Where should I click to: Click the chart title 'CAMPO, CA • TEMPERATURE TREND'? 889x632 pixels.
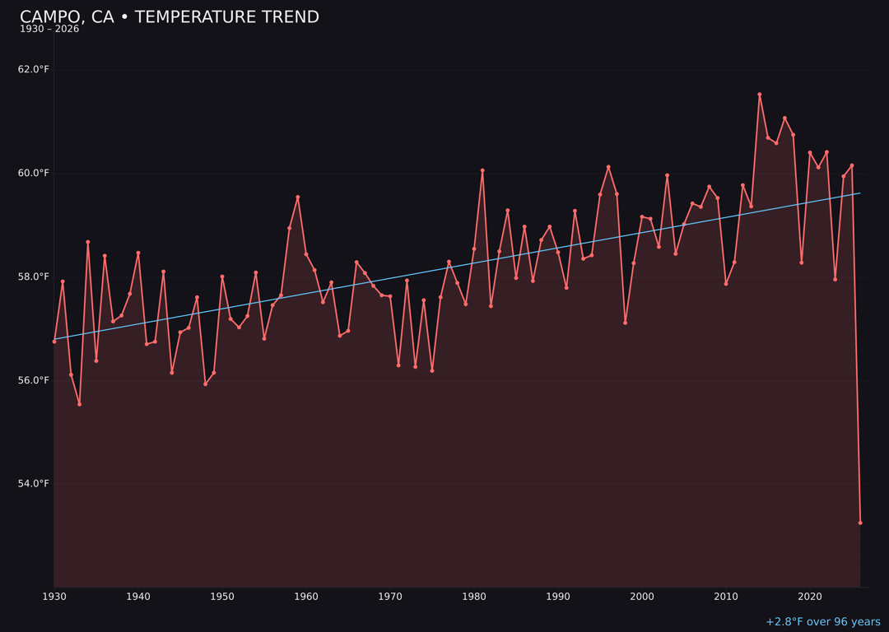point(169,17)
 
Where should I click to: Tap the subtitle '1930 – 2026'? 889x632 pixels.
point(49,30)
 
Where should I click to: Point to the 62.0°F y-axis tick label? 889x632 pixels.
point(34,69)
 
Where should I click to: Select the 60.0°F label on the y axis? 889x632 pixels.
point(34,173)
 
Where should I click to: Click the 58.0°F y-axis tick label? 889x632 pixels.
point(34,276)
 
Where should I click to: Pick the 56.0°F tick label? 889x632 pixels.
point(34,380)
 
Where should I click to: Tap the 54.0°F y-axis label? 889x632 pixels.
point(34,484)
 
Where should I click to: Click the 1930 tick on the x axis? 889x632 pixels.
point(54,597)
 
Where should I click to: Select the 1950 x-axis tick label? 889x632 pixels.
point(222,597)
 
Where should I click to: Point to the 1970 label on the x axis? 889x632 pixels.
point(390,597)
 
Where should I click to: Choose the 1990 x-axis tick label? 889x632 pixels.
point(558,597)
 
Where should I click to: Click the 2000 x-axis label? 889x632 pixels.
point(642,597)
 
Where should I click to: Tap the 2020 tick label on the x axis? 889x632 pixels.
point(810,597)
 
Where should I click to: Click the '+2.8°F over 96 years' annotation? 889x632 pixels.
point(822,622)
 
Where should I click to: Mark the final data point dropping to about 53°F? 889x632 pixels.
point(860,523)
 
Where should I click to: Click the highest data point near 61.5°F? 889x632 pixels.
point(760,95)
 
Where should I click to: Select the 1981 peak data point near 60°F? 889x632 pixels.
point(482,170)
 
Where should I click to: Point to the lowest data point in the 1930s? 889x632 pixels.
point(79,404)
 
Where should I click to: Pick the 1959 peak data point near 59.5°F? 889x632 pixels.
point(298,197)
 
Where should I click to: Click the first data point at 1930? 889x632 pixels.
point(54,342)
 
